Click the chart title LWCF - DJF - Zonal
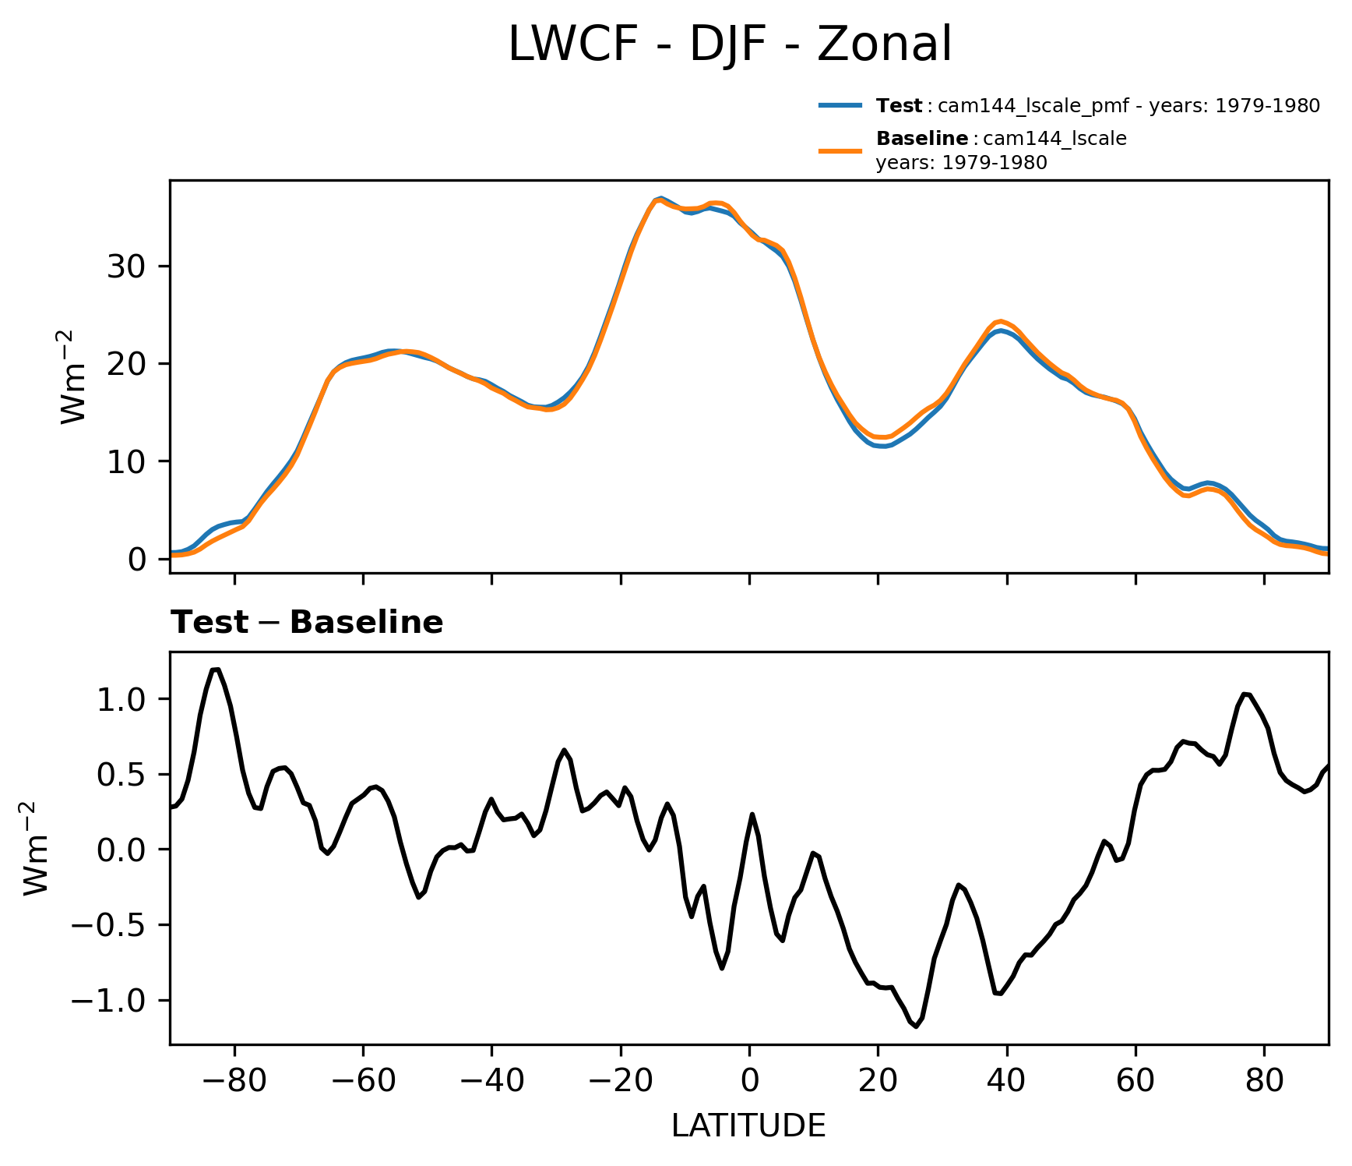point(730,44)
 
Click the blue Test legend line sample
point(840,105)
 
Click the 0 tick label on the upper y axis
point(137,560)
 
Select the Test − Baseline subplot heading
point(307,623)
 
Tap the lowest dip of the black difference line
point(916,1026)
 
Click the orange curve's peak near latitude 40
point(1002,320)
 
